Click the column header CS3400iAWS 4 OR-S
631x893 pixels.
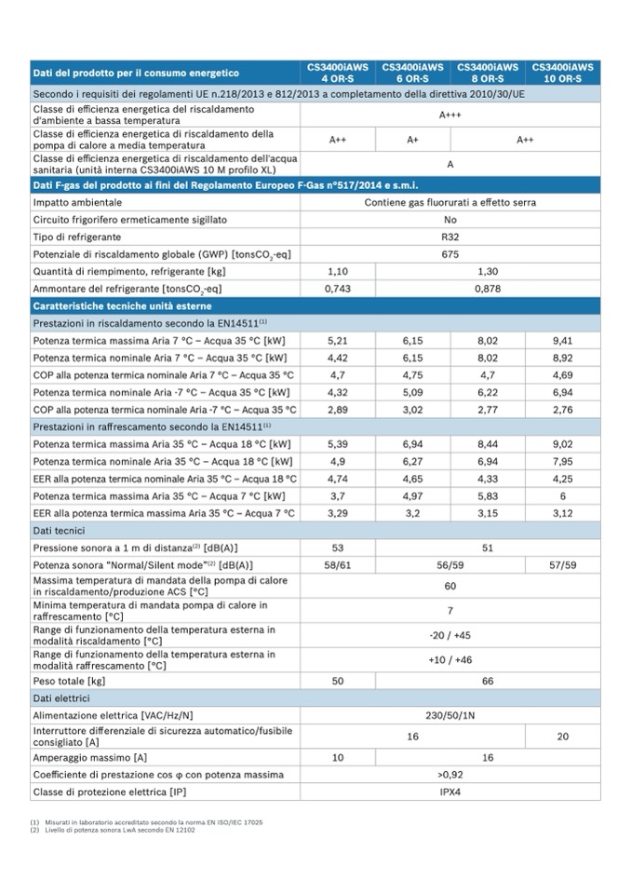coord(337,73)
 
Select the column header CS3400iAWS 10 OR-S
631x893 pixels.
coord(562,73)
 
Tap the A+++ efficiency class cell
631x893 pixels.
coord(450,115)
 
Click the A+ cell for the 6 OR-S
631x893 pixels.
coord(412,140)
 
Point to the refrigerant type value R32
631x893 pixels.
coord(450,237)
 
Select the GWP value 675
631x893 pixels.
coord(450,254)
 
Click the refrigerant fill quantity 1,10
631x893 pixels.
coord(337,271)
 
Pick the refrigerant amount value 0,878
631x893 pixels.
coord(488,289)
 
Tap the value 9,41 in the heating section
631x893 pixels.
coord(562,341)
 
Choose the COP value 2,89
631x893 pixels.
coord(337,410)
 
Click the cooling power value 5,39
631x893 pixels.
coord(337,444)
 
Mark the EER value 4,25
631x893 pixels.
coord(562,479)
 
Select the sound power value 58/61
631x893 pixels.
coord(337,565)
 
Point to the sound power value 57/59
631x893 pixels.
coord(562,565)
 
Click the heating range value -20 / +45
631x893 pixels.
coord(450,636)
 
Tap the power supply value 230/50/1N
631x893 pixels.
coord(450,715)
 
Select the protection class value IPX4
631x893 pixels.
coord(450,792)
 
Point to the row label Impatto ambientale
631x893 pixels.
coord(77,202)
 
